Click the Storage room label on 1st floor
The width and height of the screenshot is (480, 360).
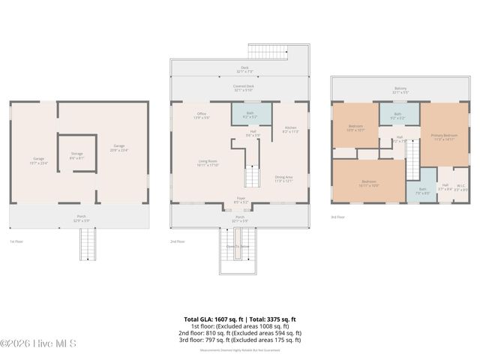pyautogui.click(x=76, y=157)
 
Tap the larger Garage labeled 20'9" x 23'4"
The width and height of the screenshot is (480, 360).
pyautogui.click(x=118, y=148)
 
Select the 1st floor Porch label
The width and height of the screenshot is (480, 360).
pyautogui.click(x=79, y=220)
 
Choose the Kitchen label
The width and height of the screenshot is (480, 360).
pyautogui.click(x=289, y=129)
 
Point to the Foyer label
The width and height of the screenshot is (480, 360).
pyautogui.click(x=239, y=201)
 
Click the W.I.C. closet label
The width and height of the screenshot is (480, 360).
pyautogui.click(x=462, y=188)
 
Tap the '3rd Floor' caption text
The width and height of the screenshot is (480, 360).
pyautogui.click(x=338, y=217)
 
